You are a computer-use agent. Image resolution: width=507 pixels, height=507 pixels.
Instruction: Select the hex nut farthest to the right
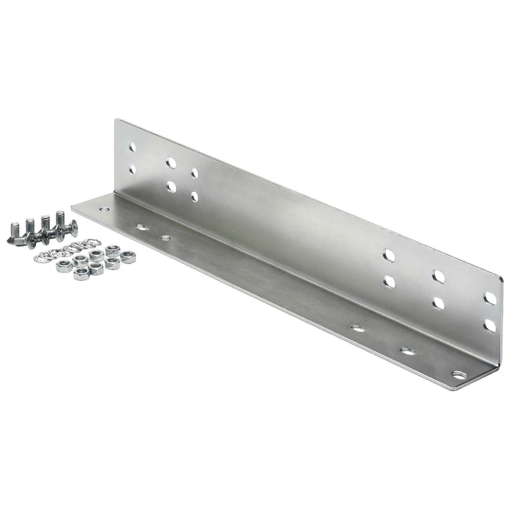coord(128,257)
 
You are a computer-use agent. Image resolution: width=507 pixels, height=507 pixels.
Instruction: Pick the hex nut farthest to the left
coord(63,267)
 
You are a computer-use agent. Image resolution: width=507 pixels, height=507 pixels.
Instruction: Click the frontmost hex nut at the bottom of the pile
coord(81,274)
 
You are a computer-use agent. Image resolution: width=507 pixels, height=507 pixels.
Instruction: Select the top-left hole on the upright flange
coord(132,147)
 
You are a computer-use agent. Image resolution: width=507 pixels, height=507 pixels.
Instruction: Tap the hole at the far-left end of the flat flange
coord(104,210)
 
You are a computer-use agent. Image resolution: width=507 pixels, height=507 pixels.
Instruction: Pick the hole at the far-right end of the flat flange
coord(458,375)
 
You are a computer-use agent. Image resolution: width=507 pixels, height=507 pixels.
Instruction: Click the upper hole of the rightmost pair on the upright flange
coord(490,298)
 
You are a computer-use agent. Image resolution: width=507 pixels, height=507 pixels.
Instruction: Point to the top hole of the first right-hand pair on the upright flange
coord(389,256)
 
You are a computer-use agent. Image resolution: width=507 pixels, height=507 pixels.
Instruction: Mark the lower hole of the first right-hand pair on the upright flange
coord(389,281)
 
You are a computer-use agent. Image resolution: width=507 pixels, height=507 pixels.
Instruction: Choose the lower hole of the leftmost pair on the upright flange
coord(132,169)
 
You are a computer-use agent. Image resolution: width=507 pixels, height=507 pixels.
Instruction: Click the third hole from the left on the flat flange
coord(165,238)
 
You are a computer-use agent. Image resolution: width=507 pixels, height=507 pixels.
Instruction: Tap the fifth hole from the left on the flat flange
coord(407,351)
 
